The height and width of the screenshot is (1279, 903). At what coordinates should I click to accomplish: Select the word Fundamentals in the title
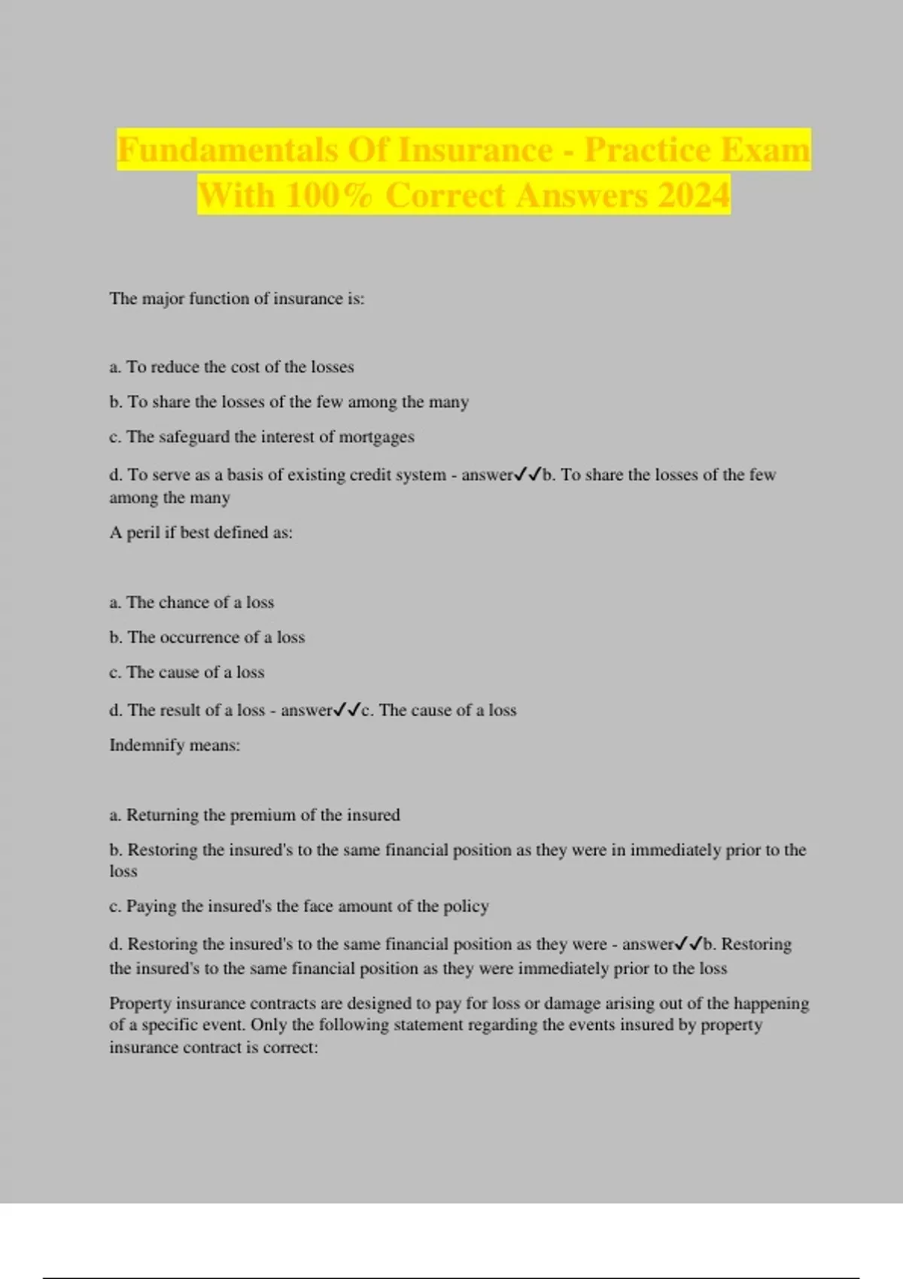(228, 150)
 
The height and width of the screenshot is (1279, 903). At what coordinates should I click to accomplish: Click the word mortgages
(376, 437)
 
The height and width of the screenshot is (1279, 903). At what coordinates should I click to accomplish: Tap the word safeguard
(194, 437)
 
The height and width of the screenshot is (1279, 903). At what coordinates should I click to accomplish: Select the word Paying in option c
(151, 907)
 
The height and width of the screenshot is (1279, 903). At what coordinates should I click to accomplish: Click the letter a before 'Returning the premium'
(114, 816)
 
